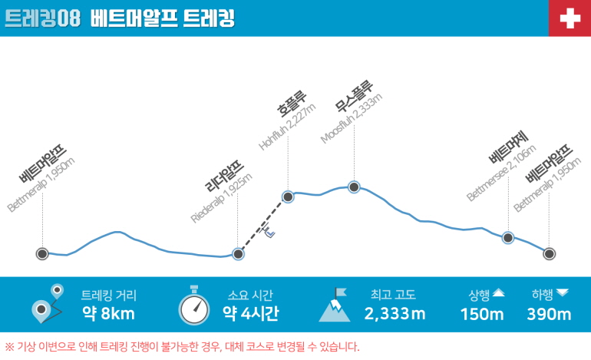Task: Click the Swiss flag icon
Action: pos(570,18)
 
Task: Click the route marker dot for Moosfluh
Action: pos(354,187)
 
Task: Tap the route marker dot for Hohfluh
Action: pos(289,197)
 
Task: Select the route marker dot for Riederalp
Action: pos(239,253)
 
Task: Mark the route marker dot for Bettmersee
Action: pos(508,237)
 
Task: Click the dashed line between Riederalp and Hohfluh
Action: pos(263,225)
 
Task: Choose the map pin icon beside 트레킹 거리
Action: pos(46,303)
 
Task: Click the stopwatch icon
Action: pos(194,306)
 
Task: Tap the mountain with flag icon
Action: pos(335,305)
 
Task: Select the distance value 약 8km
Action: pos(108,313)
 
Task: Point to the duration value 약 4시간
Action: pos(250,313)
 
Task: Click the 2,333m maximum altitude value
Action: pos(395,313)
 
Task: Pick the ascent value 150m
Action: pos(482,314)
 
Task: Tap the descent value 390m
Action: pos(549,314)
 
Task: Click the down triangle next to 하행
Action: pos(563,292)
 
